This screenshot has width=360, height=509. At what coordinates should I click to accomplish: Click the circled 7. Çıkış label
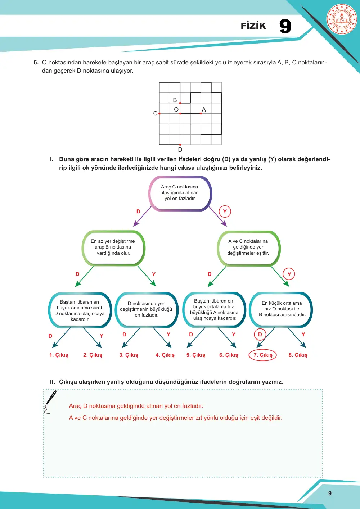pos(263,355)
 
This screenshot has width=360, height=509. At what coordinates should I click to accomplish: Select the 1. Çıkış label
pos(59,355)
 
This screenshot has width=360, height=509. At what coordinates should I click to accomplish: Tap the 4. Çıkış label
pos(165,355)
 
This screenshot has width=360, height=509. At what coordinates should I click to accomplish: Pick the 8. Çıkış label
pos(298,355)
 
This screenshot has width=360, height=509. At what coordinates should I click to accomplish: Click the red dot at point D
pos(180,145)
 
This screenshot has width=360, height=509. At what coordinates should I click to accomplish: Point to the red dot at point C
pos(159,113)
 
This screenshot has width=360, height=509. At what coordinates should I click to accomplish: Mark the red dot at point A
pos(201,113)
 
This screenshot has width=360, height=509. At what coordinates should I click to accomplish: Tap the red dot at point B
pos(180,103)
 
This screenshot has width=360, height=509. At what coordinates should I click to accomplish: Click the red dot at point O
pos(180,113)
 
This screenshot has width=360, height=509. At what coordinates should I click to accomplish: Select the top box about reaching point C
pos(180,194)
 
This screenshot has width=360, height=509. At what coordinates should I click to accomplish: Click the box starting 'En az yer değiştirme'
pos(113,248)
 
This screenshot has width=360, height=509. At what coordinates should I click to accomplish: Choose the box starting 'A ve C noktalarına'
pos(248,248)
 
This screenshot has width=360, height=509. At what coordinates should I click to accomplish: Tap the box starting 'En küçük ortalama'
pos(281,310)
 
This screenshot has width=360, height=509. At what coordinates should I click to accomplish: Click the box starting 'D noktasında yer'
pos(147,310)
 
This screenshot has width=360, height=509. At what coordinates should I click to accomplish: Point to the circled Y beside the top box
pos(225,212)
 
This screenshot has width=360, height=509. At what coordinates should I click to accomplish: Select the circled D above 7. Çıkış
pos(260,334)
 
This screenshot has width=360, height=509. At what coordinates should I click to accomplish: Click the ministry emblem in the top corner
pos(342,19)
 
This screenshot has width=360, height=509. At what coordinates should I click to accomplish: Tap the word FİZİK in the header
pos(253,26)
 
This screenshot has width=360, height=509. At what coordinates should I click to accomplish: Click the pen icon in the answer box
pos(50,401)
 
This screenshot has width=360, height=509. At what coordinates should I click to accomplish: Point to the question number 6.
pos(36,62)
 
